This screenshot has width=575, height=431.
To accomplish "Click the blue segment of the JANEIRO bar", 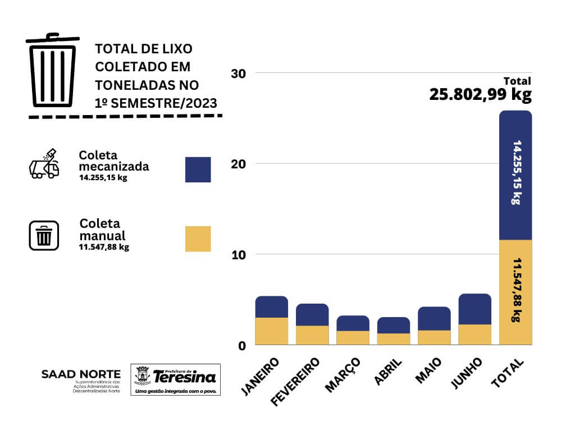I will (x=271, y=306).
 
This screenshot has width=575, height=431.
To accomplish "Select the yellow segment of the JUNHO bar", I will (x=474, y=334).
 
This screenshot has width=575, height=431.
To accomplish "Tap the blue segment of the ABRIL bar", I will (x=393, y=325).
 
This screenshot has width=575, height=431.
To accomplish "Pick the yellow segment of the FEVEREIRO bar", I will (x=312, y=335).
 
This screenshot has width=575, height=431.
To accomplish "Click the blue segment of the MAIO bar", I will (x=434, y=318).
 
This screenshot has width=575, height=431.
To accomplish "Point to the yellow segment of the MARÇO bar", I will (x=353, y=338).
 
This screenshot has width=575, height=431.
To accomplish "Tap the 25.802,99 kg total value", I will (x=480, y=94).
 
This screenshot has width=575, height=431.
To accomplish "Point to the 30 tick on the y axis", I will (x=239, y=74).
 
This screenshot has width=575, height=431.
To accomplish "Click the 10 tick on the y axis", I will (x=239, y=255).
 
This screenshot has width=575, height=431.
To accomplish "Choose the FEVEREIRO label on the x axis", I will (x=295, y=381).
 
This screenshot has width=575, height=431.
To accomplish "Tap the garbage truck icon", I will (x=44, y=164).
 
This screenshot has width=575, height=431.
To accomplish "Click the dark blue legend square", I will (x=198, y=169).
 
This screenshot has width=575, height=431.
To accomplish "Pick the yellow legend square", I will (x=198, y=239).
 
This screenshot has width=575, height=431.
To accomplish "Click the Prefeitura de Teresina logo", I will (x=175, y=379).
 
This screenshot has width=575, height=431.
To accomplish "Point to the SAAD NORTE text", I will (x=81, y=374).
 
